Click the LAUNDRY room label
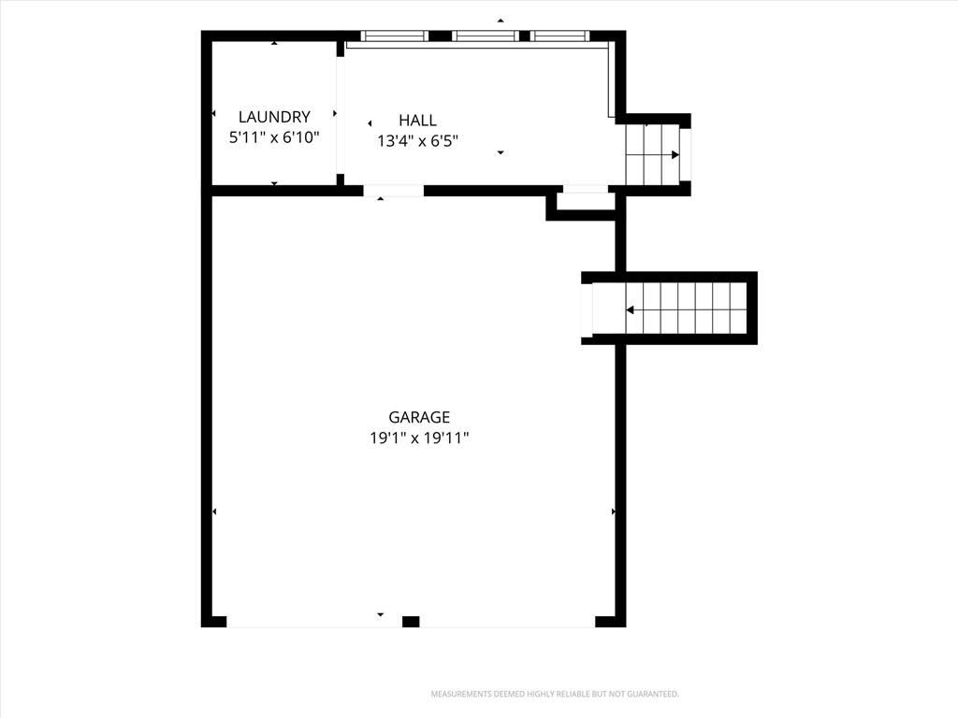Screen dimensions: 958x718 click(274, 117)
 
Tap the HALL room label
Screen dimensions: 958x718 click(418, 121)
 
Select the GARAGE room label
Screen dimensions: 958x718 click(419, 417)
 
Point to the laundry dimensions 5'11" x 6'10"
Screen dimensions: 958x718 click(274, 137)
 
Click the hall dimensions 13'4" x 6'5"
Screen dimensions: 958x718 click(418, 141)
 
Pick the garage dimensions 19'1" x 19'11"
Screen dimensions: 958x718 click(419, 438)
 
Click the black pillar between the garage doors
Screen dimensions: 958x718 click(411, 622)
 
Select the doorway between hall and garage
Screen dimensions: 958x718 click(394, 191)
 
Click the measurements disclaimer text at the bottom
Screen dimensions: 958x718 click(555, 695)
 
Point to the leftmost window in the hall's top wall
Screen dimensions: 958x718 click(394, 36)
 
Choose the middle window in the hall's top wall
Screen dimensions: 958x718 click(486, 36)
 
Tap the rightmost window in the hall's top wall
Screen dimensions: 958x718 click(560, 36)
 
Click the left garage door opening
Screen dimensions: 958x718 click(314, 622)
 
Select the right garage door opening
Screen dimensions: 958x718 click(507, 622)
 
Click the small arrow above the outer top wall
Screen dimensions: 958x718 click(501, 21)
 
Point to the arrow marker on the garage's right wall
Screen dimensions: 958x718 click(614, 511)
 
